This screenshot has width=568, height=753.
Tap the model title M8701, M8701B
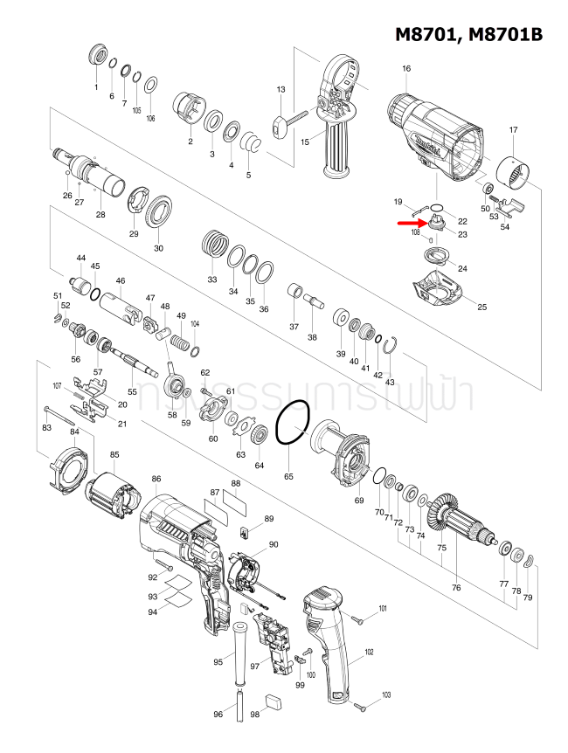click(x=468, y=34)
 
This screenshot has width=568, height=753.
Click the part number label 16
click(x=406, y=68)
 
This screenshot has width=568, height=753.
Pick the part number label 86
click(x=156, y=479)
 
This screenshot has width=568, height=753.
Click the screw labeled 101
click(x=357, y=618)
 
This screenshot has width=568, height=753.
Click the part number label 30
click(x=158, y=248)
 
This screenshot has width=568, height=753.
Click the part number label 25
click(x=481, y=307)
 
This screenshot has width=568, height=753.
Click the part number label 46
click(x=121, y=280)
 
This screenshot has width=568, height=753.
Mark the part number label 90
click(x=274, y=544)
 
